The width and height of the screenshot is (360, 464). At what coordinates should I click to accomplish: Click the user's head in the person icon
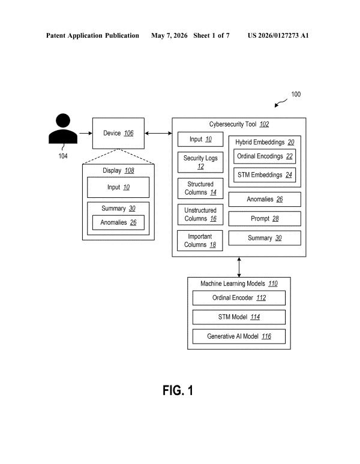[63, 120]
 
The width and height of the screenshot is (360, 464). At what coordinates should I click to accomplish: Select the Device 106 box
[118, 133]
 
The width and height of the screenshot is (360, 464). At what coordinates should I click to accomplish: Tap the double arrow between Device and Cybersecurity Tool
[158, 134]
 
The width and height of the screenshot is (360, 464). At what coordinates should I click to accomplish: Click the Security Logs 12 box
[200, 162]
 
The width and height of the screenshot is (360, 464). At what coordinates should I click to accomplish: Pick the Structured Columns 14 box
[200, 188]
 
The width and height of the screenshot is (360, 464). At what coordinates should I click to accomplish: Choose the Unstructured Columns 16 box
[200, 214]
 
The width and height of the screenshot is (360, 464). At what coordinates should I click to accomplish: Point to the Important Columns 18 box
[200, 240]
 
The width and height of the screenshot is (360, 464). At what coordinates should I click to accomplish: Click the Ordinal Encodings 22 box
[265, 156]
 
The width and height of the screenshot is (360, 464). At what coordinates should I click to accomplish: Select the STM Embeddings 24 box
[265, 175]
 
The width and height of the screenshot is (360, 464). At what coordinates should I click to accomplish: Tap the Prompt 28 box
[265, 219]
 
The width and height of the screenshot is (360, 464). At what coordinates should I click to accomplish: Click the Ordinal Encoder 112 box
[239, 298]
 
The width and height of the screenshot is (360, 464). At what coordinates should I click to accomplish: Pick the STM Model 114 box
[239, 317]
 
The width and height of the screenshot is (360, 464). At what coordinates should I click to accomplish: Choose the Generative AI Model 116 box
[239, 336]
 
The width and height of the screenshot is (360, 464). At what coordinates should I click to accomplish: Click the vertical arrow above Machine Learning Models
[239, 267]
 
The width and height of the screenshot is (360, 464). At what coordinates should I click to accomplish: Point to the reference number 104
[63, 156]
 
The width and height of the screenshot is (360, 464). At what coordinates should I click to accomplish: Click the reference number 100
[296, 94]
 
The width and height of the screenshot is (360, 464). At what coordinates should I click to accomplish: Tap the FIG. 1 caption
[178, 390]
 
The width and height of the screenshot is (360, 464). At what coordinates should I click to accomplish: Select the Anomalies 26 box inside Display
[118, 222]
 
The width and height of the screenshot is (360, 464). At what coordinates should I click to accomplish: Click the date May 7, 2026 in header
[169, 35]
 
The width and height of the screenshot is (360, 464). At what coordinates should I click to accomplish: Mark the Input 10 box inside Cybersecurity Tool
[200, 139]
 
